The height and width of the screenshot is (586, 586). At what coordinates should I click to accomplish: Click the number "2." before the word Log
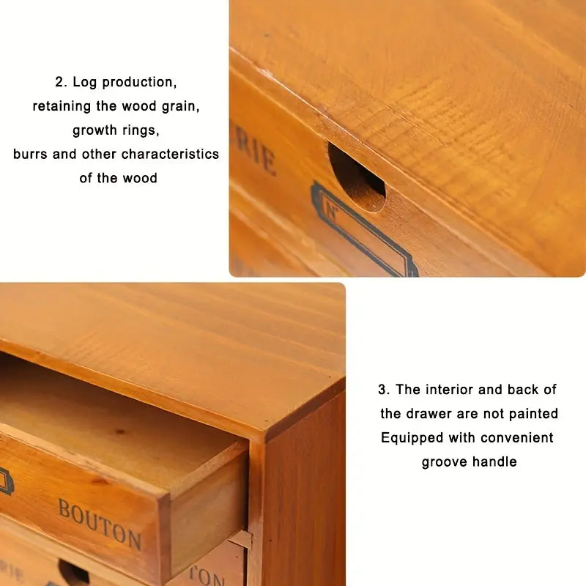click(62, 82)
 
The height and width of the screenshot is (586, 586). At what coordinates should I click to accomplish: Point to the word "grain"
click(180, 106)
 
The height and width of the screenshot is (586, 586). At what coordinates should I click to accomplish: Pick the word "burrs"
click(30, 155)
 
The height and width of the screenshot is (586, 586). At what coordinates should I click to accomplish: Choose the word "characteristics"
click(170, 155)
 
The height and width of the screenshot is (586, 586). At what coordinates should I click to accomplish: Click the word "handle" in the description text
click(495, 462)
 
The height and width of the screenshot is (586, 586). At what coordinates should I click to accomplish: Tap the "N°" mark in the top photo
click(331, 213)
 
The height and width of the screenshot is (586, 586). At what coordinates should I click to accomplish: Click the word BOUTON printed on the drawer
click(100, 524)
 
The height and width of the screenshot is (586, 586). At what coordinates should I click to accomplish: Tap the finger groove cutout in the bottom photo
click(73, 574)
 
